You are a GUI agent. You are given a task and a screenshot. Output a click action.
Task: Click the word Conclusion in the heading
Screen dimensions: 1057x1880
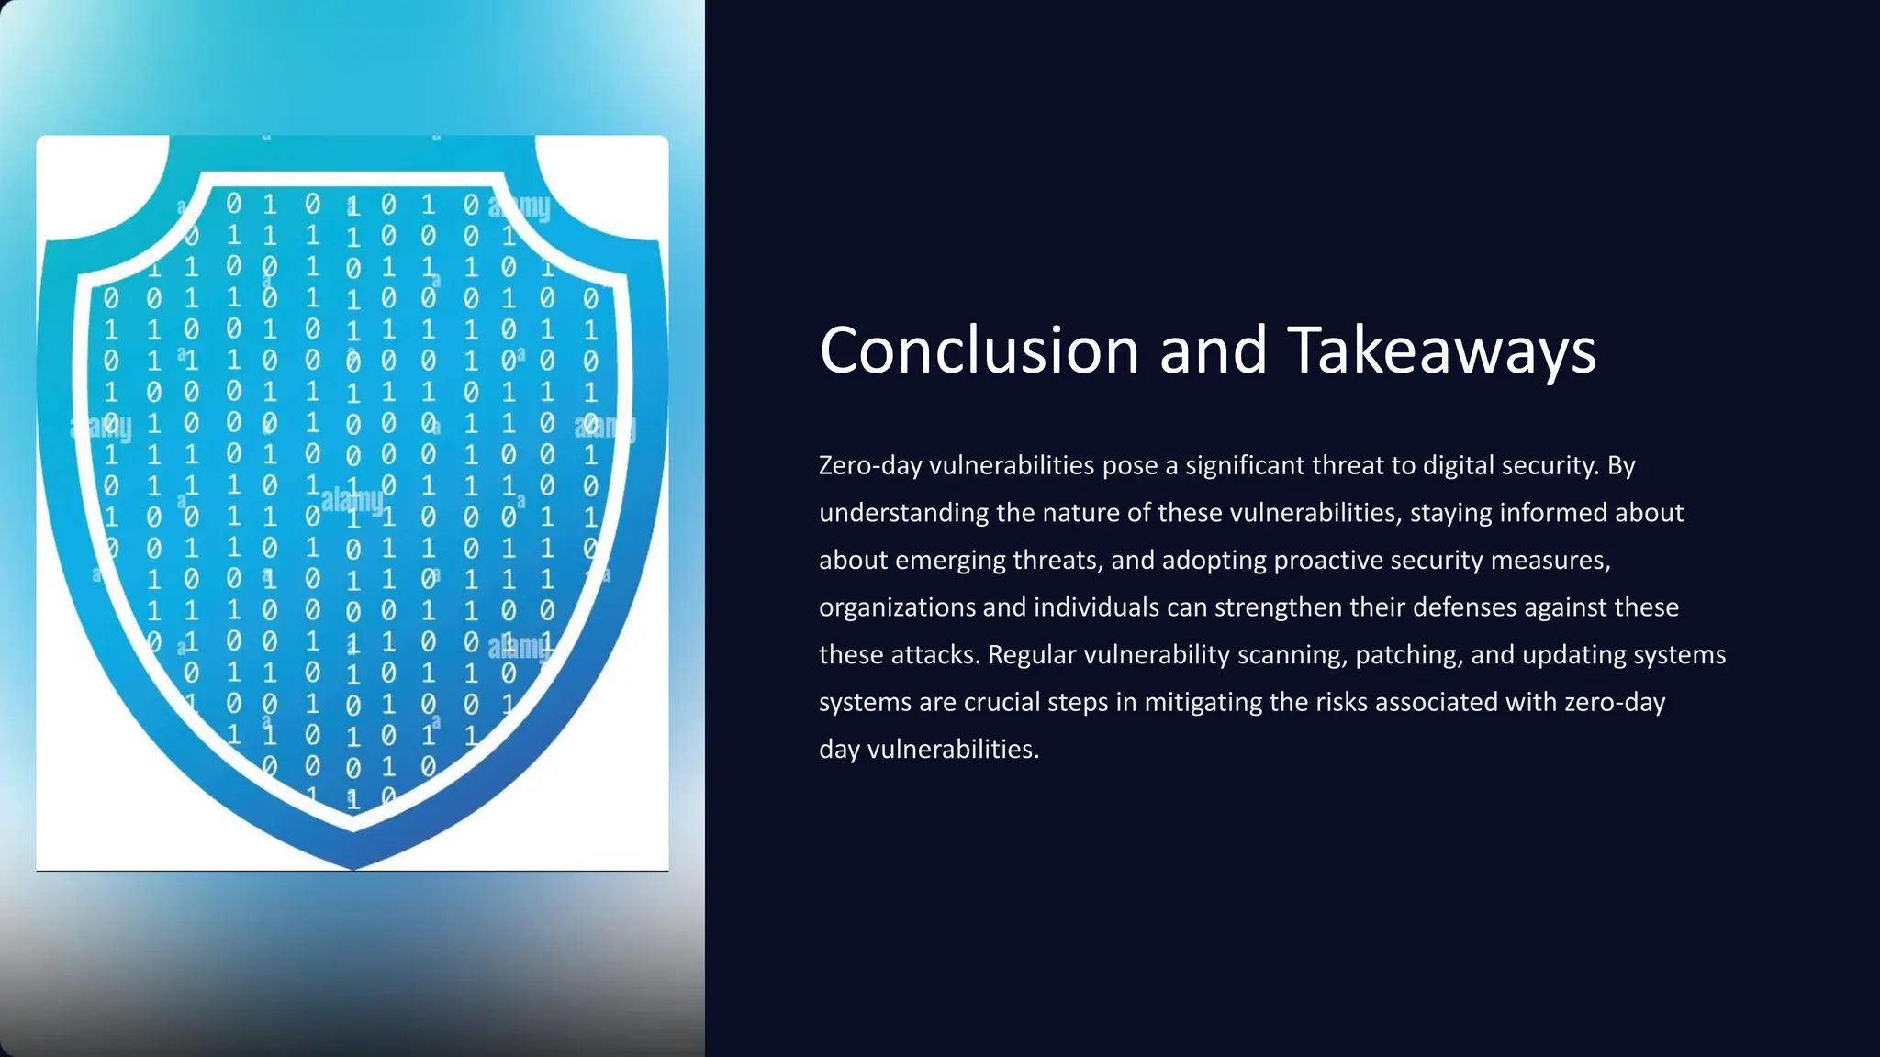[979, 350]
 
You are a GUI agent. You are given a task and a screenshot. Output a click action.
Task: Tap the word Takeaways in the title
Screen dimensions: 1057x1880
[1442, 350]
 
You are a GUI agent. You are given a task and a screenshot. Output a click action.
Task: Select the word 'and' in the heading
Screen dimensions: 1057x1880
[1214, 350]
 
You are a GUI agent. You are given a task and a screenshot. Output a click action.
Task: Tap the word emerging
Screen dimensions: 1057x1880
[950, 560]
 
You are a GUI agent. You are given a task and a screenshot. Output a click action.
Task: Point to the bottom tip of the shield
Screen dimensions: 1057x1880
[353, 866]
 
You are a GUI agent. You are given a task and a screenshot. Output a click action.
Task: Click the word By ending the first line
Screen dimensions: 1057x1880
[1621, 466]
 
